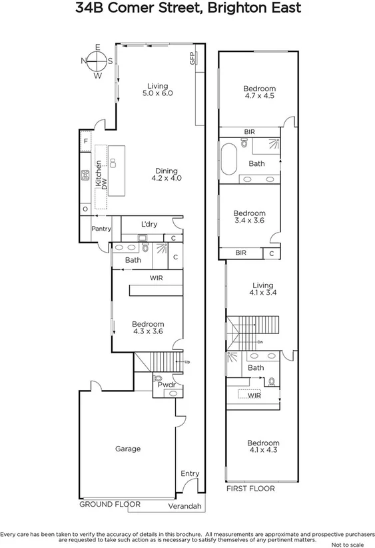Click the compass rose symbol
(97, 61)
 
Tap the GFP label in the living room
(192, 59)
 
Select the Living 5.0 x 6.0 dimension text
(157, 90)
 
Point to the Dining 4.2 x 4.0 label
(167, 175)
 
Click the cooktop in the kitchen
(85, 176)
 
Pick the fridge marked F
(85, 141)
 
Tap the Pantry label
(101, 229)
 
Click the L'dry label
(149, 224)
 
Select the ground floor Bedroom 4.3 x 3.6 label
(148, 327)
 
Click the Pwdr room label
(165, 385)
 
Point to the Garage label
(127, 449)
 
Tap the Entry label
(190, 473)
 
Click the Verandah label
(185, 507)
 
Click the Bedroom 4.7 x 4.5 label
(258, 92)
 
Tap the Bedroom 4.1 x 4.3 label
(263, 447)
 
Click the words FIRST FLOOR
(251, 489)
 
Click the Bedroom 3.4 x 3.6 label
(249, 217)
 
